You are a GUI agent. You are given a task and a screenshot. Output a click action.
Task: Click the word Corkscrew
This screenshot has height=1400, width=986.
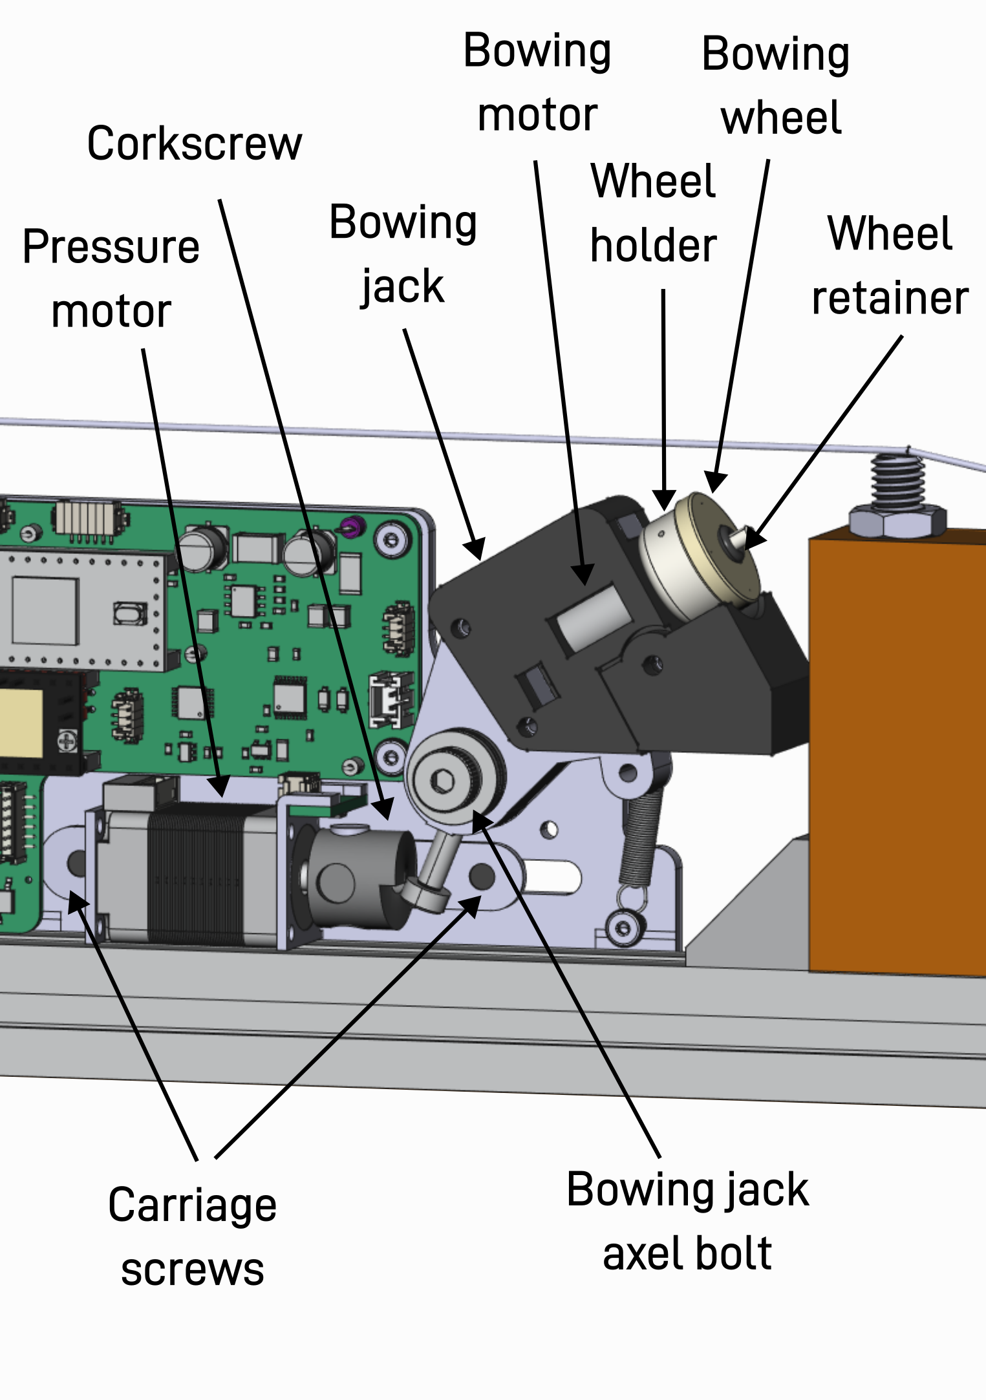[194, 143]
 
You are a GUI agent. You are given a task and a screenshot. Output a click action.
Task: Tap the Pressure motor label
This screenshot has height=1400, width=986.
[111, 279]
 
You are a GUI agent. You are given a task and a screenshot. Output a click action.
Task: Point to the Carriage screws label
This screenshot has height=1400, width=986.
[193, 1236]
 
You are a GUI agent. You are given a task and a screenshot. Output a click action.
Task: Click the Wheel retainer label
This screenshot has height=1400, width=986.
[890, 266]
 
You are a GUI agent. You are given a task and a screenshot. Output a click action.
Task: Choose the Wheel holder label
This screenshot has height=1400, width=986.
[653, 213]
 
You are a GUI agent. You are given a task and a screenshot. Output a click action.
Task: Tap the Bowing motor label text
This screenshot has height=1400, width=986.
[537, 82]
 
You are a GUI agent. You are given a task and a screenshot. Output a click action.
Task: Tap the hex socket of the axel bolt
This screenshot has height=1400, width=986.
[442, 781]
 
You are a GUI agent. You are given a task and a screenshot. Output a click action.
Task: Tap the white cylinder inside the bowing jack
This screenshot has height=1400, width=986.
[592, 617]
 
